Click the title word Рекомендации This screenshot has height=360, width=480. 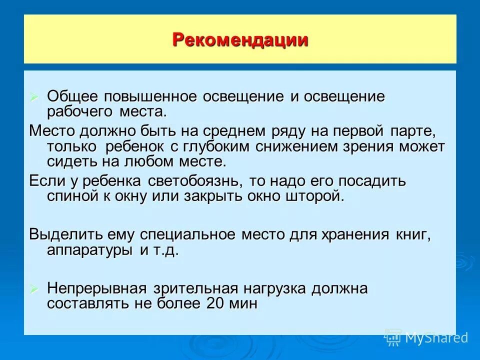point(240,39)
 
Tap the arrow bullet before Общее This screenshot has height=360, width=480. point(34,96)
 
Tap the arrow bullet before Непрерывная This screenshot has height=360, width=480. point(34,289)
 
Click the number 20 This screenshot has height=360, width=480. point(213,303)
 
